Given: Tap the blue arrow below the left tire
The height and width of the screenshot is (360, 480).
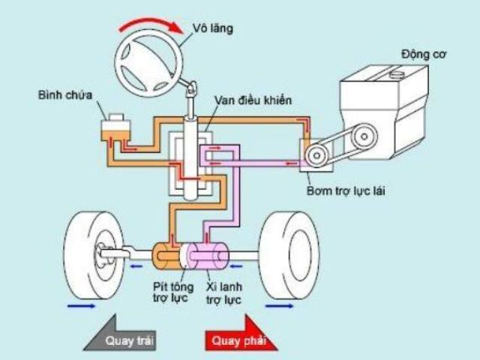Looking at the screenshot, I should tap(82, 306).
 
